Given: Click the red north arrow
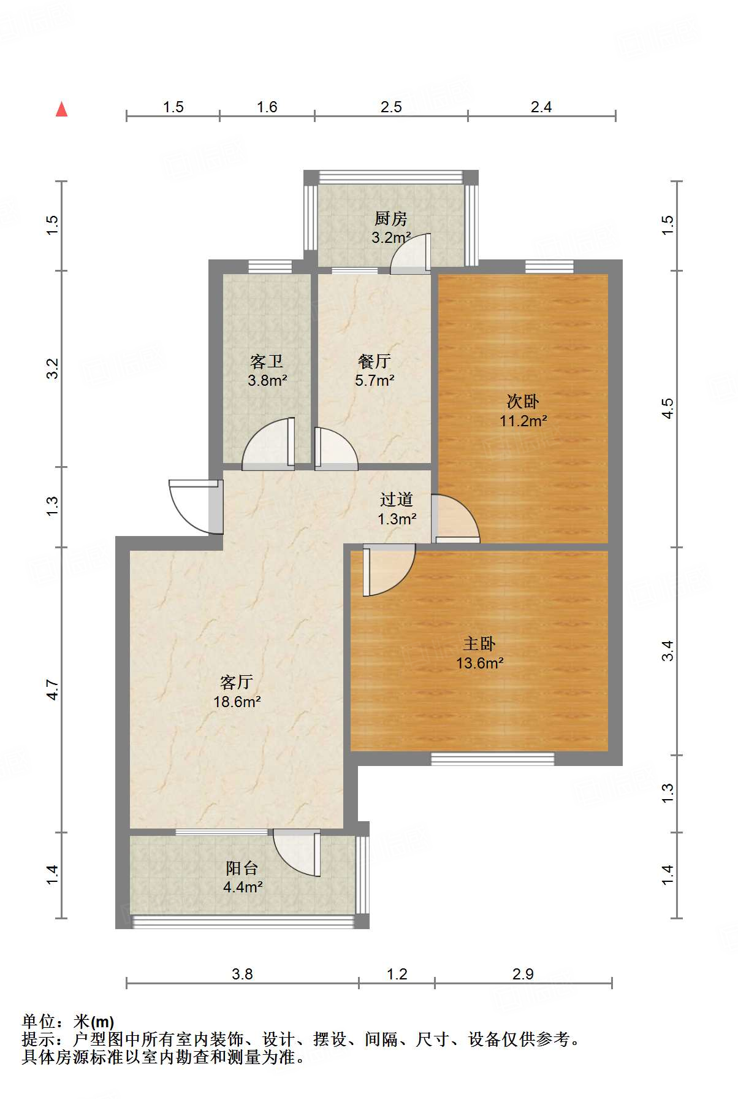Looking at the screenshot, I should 61,109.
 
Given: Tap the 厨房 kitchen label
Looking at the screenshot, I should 390,218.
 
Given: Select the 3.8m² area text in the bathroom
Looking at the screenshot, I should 268,381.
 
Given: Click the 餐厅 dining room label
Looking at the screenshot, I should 374,361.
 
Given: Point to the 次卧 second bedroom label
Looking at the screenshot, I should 523,402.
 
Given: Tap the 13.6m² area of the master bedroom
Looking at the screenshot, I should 480,663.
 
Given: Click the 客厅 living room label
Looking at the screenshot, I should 237,682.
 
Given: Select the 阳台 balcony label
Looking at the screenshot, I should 242,868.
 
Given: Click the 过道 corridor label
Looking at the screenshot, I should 397,500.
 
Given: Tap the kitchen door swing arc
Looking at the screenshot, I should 409,253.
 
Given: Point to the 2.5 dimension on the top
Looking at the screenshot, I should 391,107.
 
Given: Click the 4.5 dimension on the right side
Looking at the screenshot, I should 668,408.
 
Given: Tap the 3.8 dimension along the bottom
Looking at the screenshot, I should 242,975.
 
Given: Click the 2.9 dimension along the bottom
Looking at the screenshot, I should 523,975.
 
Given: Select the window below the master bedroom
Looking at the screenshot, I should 492,759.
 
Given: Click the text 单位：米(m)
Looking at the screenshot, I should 68,1022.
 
